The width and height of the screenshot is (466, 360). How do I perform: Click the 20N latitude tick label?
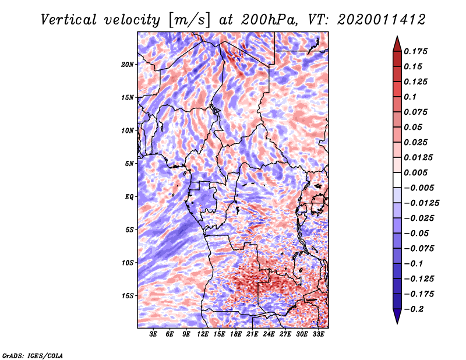pos(128,64)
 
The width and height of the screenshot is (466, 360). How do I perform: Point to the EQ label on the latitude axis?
pos(129,197)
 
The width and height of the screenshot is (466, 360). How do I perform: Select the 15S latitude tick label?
pos(128,295)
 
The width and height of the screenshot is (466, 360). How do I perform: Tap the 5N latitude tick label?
pos(129,164)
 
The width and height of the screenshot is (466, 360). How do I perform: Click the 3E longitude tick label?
pos(153,335)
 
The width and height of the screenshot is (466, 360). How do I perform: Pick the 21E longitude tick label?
pos(252,335)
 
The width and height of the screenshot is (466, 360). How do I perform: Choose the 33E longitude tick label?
pos(317,335)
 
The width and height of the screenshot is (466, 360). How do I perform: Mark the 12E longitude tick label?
pos(203,335)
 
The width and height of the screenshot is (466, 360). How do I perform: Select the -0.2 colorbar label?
pos(415,309)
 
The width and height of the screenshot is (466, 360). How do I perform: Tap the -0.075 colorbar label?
pos(420,248)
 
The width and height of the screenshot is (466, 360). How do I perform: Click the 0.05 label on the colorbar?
pos(414,127)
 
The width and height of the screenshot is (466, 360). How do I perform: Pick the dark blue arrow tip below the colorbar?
pos(397,319)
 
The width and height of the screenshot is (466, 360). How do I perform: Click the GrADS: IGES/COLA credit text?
pos(33,354)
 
